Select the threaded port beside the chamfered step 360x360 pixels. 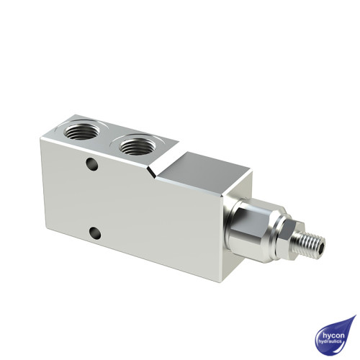pos(135,146)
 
